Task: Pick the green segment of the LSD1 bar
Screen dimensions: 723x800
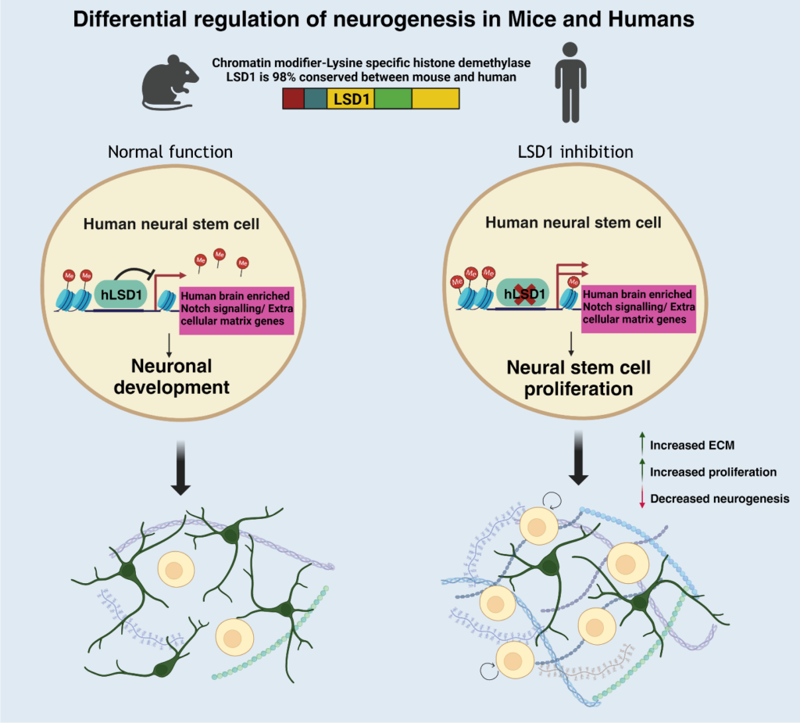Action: click(x=393, y=98)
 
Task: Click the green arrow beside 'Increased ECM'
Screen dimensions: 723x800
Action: click(x=641, y=446)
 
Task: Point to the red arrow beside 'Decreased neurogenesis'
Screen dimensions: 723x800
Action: click(x=641, y=498)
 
